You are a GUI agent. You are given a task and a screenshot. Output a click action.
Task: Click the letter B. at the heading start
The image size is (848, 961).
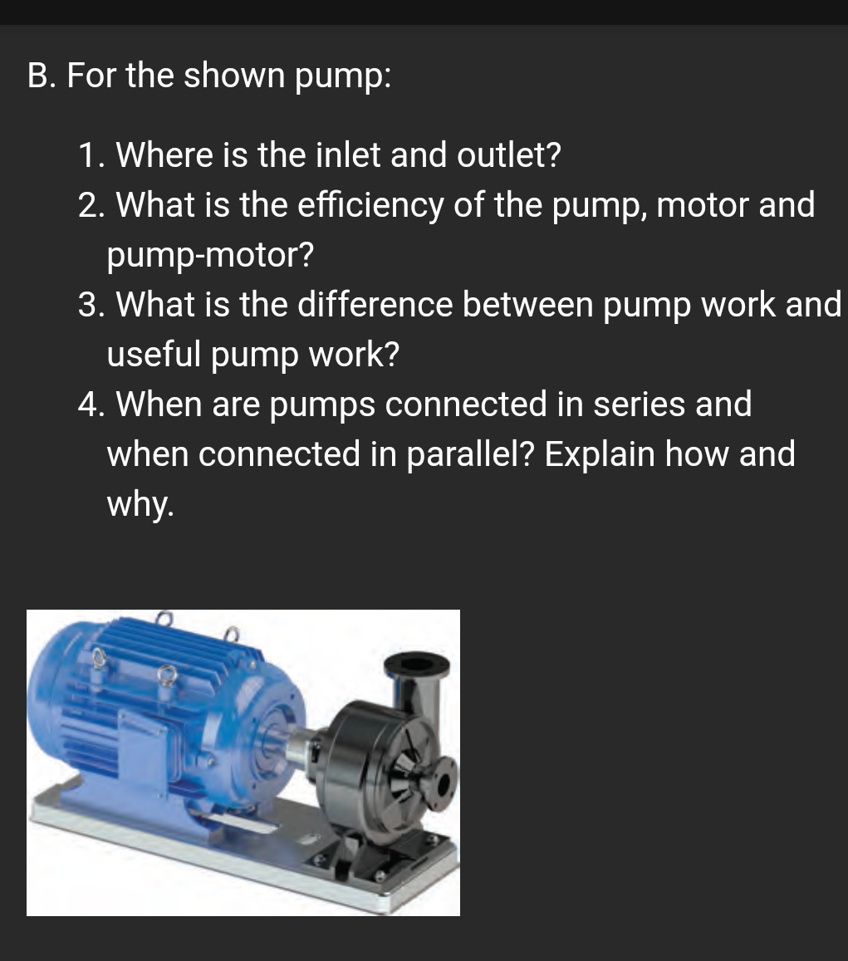42,76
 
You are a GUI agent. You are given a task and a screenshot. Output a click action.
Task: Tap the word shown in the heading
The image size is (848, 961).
233,76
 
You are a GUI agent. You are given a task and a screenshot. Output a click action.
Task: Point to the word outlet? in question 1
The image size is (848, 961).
507,154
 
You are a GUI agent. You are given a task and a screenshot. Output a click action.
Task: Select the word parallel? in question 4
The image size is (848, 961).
469,454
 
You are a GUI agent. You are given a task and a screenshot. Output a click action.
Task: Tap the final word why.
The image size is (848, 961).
140,504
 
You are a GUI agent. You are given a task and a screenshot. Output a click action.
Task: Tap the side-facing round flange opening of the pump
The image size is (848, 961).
443,784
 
